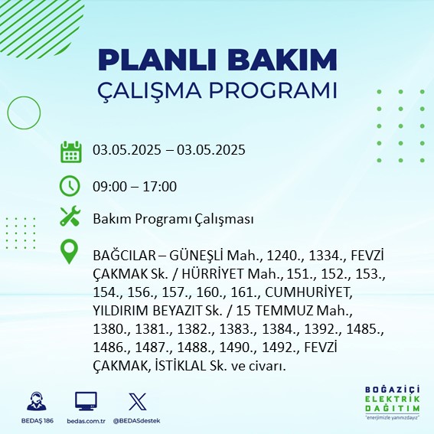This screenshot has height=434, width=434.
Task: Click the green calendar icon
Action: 71,152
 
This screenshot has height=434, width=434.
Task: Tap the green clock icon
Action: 70,186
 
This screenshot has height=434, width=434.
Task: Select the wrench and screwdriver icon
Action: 70,216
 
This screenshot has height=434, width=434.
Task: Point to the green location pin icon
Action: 69,252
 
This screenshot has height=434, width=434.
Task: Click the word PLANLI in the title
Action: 157,60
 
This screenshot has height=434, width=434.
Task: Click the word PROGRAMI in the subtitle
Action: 273,90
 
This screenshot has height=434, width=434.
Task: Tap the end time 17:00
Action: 160,186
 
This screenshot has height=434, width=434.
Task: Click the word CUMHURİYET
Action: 308,292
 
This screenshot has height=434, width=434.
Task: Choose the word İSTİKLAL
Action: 181,366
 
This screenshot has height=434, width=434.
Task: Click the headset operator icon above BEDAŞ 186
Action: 37,401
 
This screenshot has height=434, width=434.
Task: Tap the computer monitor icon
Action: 86,401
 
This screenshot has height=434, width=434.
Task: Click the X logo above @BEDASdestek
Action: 138,401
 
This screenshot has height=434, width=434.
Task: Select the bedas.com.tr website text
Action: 86,421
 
